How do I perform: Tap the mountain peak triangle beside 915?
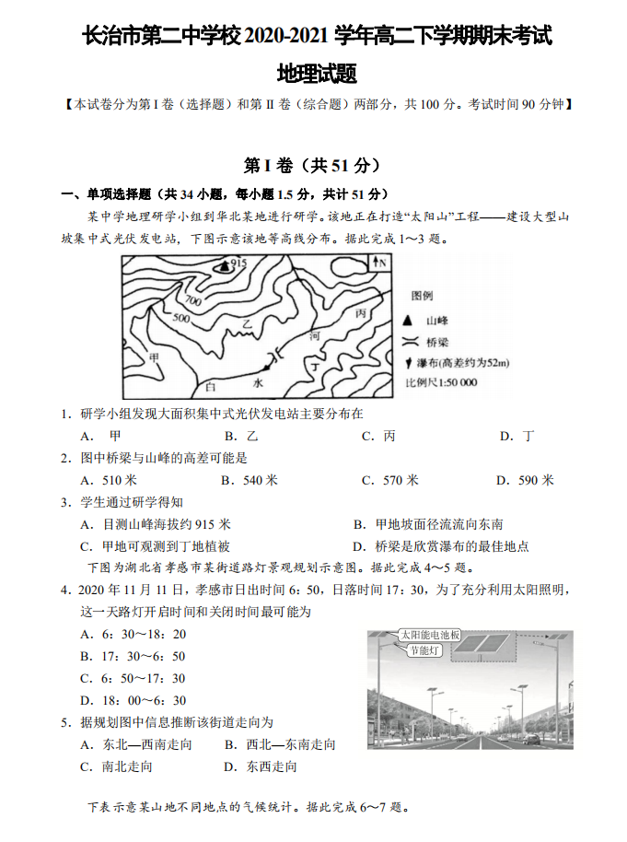tap(223, 265)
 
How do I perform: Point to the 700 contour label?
tap(193, 300)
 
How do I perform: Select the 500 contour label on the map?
tap(180, 319)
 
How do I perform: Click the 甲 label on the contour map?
tap(154, 357)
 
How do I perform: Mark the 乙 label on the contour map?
tap(246, 325)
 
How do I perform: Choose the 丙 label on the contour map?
tap(360, 314)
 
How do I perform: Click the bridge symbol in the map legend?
tap(408, 341)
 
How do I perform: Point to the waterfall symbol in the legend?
tap(408, 362)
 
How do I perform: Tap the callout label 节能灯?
tap(424, 651)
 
